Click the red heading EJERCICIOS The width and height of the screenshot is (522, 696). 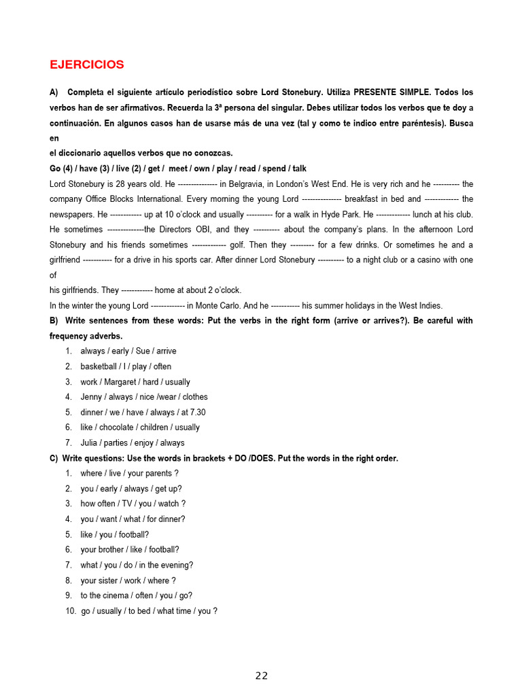(x=86, y=65)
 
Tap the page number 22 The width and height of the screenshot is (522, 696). (x=262, y=675)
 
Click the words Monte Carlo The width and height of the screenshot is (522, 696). (x=219, y=306)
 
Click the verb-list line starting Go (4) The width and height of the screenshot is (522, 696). (x=177, y=169)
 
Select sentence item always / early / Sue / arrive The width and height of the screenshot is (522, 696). (x=128, y=351)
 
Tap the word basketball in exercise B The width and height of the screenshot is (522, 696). (x=99, y=366)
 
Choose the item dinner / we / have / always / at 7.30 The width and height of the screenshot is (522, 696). (x=143, y=413)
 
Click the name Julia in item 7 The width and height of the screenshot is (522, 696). (x=89, y=443)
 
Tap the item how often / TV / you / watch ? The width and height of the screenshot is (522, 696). (x=133, y=504)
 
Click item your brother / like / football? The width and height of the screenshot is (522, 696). (x=130, y=550)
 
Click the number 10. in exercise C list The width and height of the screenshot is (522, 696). (x=69, y=611)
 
